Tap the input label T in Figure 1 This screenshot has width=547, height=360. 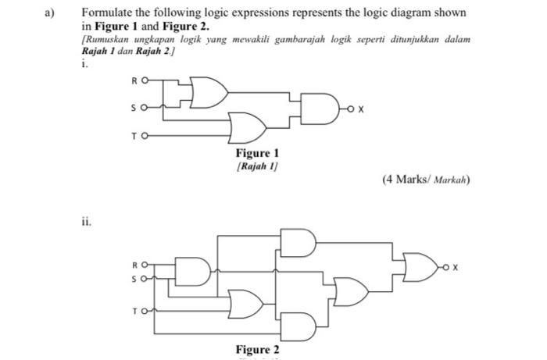click(134, 135)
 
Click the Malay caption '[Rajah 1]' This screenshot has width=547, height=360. click(258, 166)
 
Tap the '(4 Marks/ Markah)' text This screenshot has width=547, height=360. click(426, 180)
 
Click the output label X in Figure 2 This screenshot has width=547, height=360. click(454, 267)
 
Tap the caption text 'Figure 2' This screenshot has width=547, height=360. click(258, 349)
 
